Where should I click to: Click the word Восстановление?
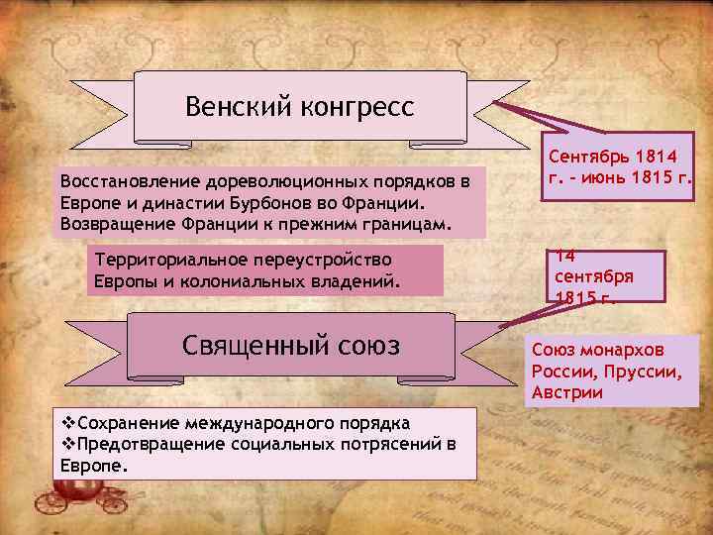[130, 182]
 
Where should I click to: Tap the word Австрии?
[566, 393]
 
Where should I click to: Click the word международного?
[240, 424]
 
